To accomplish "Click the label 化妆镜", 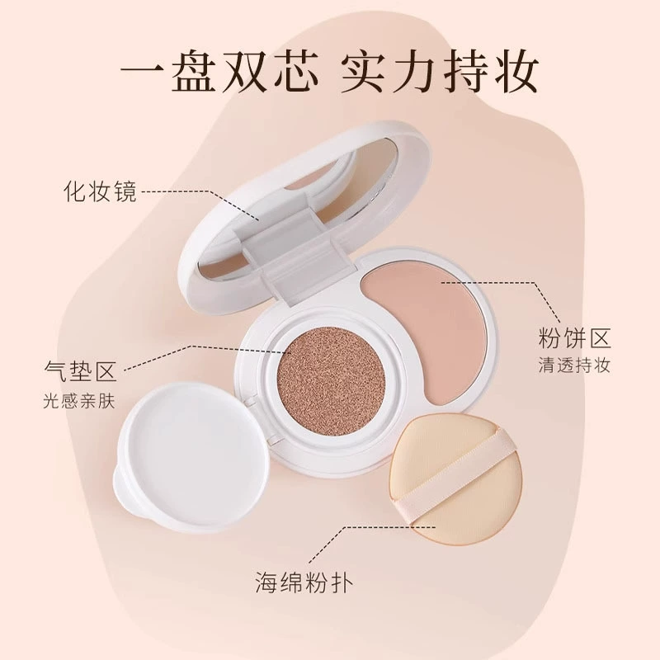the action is [100, 192].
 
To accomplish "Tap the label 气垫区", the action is [80, 370].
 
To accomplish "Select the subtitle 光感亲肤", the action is [79, 401].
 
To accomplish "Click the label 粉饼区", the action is [574, 339].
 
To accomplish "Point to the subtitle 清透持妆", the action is [574, 365].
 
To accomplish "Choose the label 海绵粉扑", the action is [304, 582].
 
